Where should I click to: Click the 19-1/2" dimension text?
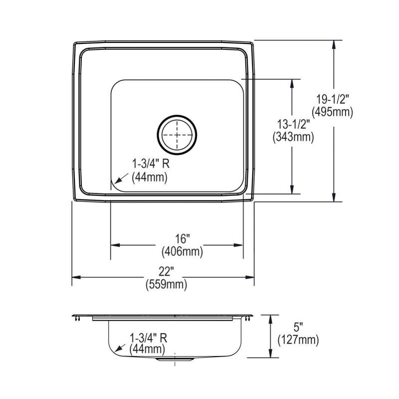tap(333, 99)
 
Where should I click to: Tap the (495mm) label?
tap(333, 112)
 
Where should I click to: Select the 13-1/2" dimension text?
tap(293, 124)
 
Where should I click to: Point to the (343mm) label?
tap(293, 137)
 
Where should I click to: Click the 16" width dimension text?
tap(182, 239)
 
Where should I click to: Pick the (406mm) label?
tap(182, 252)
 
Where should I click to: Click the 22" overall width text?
tap(166, 271)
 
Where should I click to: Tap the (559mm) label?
tap(166, 284)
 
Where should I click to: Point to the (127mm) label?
tap(298, 340)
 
